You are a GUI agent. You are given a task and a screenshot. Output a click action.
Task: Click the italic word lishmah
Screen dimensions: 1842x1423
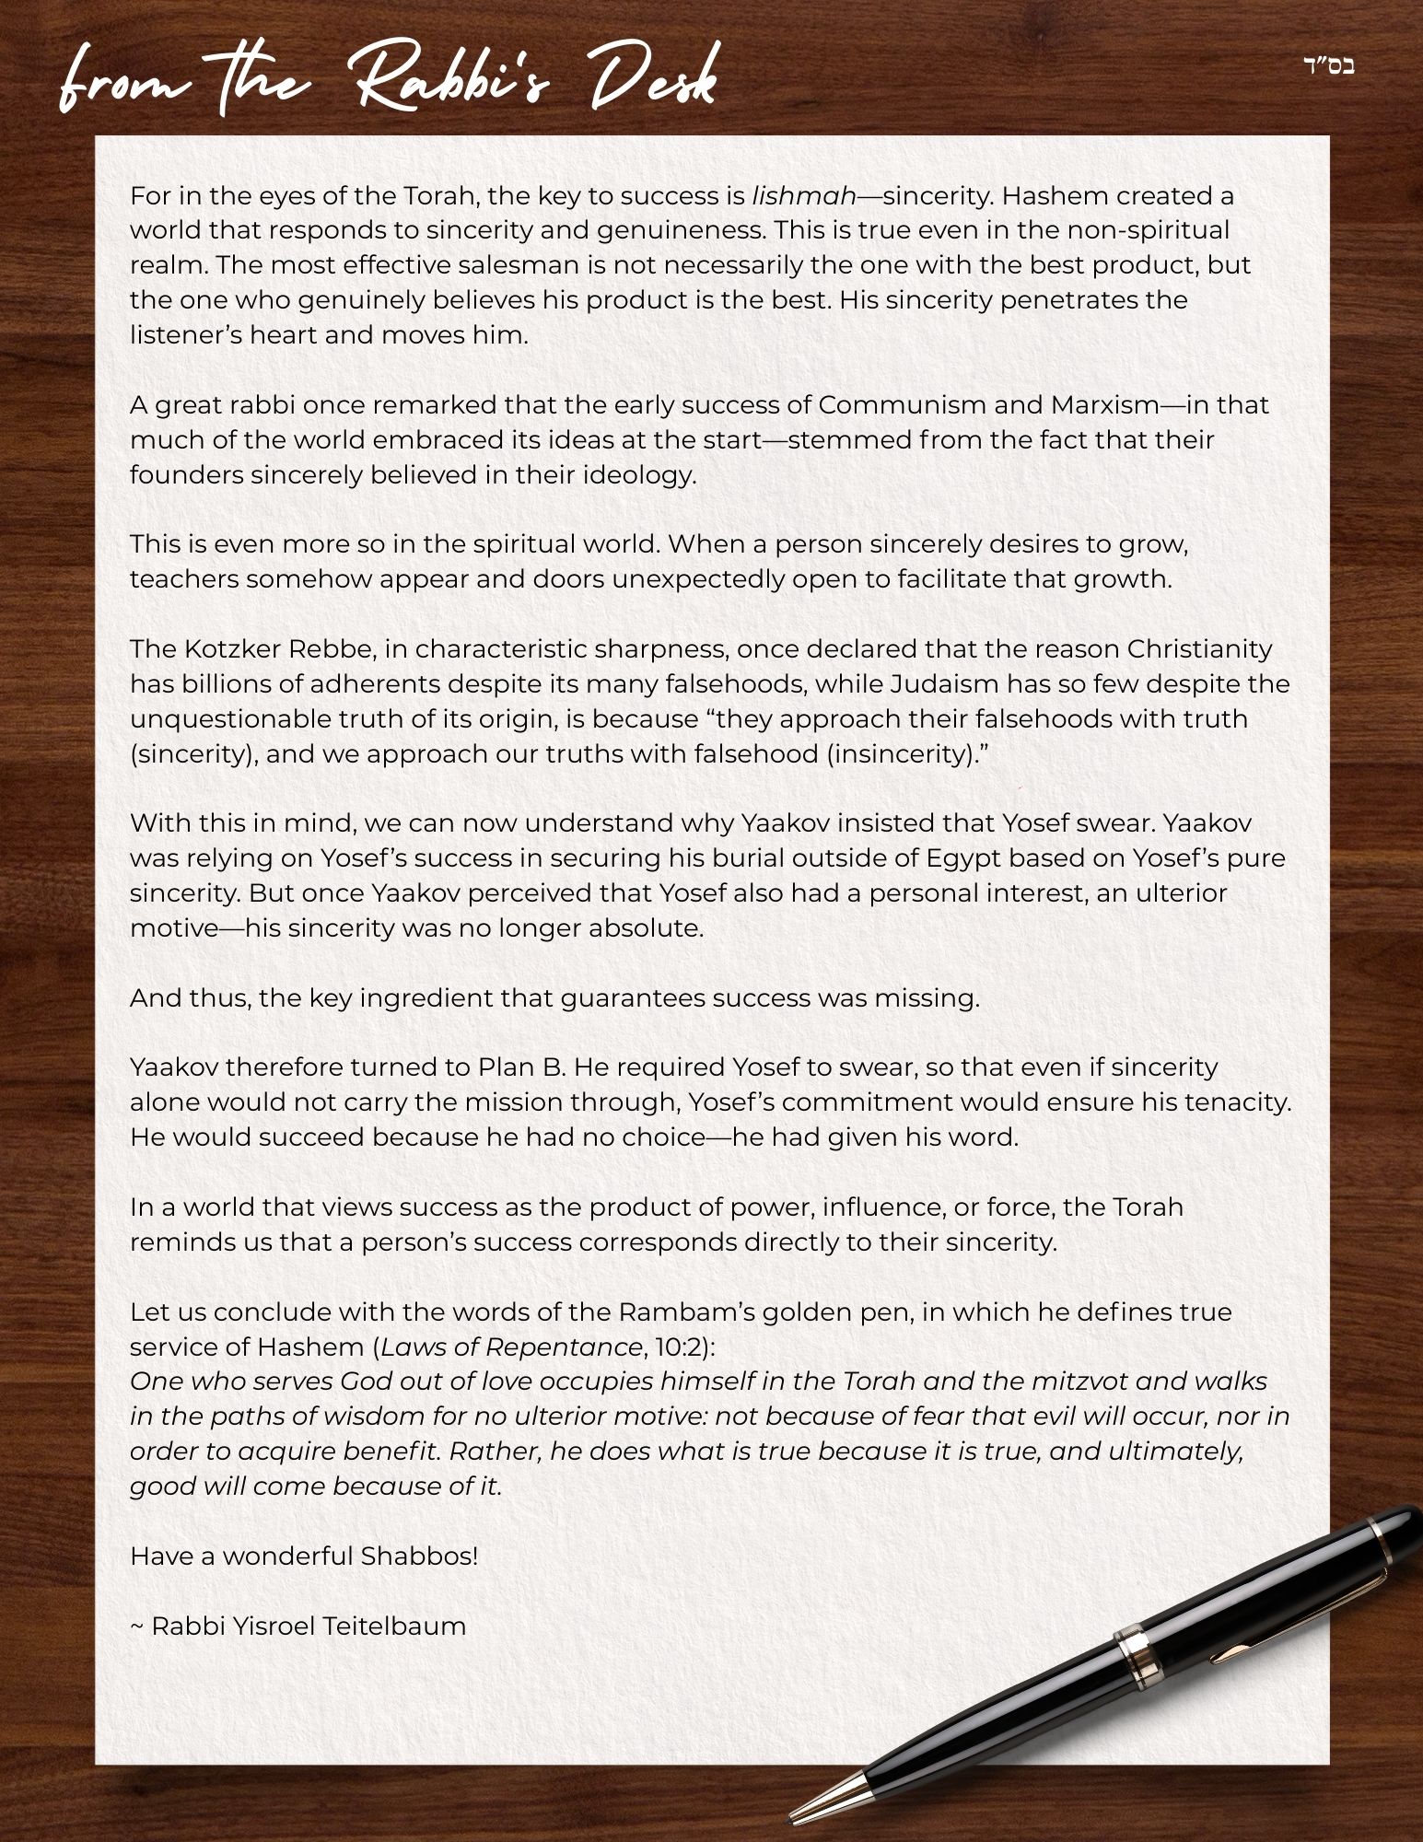(x=804, y=196)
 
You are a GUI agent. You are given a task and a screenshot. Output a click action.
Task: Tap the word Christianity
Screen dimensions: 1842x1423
(x=1199, y=649)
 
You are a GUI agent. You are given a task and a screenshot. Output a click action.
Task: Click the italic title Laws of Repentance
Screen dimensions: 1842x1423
(x=511, y=1347)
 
